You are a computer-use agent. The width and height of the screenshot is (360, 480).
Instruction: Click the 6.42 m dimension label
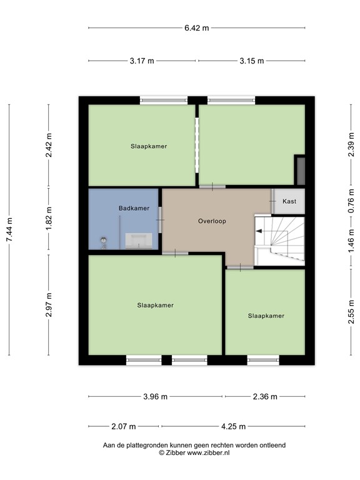click(196, 28)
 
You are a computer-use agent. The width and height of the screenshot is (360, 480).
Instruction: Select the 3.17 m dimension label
click(142, 61)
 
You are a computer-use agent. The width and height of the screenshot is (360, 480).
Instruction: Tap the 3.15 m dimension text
click(251, 61)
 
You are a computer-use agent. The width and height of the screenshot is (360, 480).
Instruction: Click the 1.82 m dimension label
click(49, 218)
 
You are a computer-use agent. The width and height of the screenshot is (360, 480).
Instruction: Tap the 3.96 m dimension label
click(155, 396)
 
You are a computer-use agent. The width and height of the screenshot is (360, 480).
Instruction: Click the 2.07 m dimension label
click(123, 427)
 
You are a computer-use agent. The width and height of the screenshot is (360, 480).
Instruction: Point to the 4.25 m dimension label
click(233, 427)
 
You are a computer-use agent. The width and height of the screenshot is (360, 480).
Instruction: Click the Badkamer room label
click(134, 208)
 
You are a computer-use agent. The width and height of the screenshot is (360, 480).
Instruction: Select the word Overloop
click(212, 221)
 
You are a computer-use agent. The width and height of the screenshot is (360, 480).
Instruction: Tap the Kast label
click(289, 201)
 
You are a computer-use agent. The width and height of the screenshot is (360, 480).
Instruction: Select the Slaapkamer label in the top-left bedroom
click(149, 146)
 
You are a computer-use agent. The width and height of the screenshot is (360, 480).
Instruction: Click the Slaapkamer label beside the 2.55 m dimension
click(266, 316)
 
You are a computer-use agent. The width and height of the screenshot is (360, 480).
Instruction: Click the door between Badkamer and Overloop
click(161, 217)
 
